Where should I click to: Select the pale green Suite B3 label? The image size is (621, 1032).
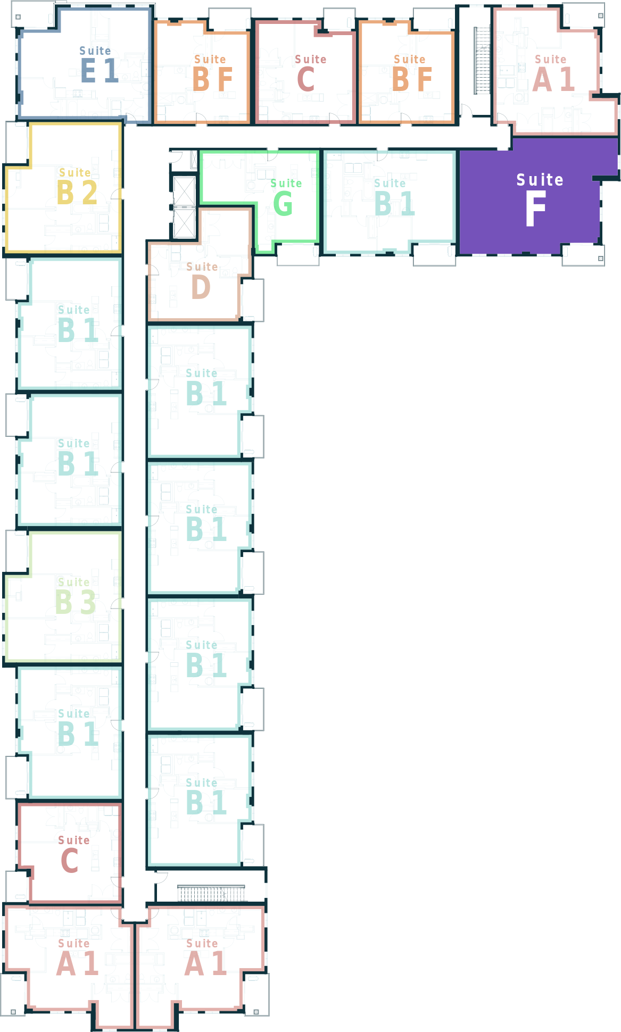coord(76,596)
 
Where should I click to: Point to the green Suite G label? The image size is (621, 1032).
coord(286,197)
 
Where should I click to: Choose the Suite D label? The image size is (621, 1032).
coord(202,280)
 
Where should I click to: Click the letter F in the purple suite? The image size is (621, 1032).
coord(536,208)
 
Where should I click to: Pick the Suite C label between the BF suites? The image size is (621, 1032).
coord(310,73)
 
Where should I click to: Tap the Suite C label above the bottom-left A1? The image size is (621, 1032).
coord(73,854)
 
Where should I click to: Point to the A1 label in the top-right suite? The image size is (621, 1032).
coord(553,73)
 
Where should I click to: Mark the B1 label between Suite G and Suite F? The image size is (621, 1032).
coord(394,197)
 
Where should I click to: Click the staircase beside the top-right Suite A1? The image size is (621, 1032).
coord(482,60)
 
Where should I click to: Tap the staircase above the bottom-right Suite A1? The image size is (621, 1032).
coord(211,893)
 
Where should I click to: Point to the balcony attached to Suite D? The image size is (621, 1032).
coord(253,300)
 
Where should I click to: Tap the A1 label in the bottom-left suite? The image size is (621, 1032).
coord(77,958)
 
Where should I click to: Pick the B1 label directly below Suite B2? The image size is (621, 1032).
coord(78,324)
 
